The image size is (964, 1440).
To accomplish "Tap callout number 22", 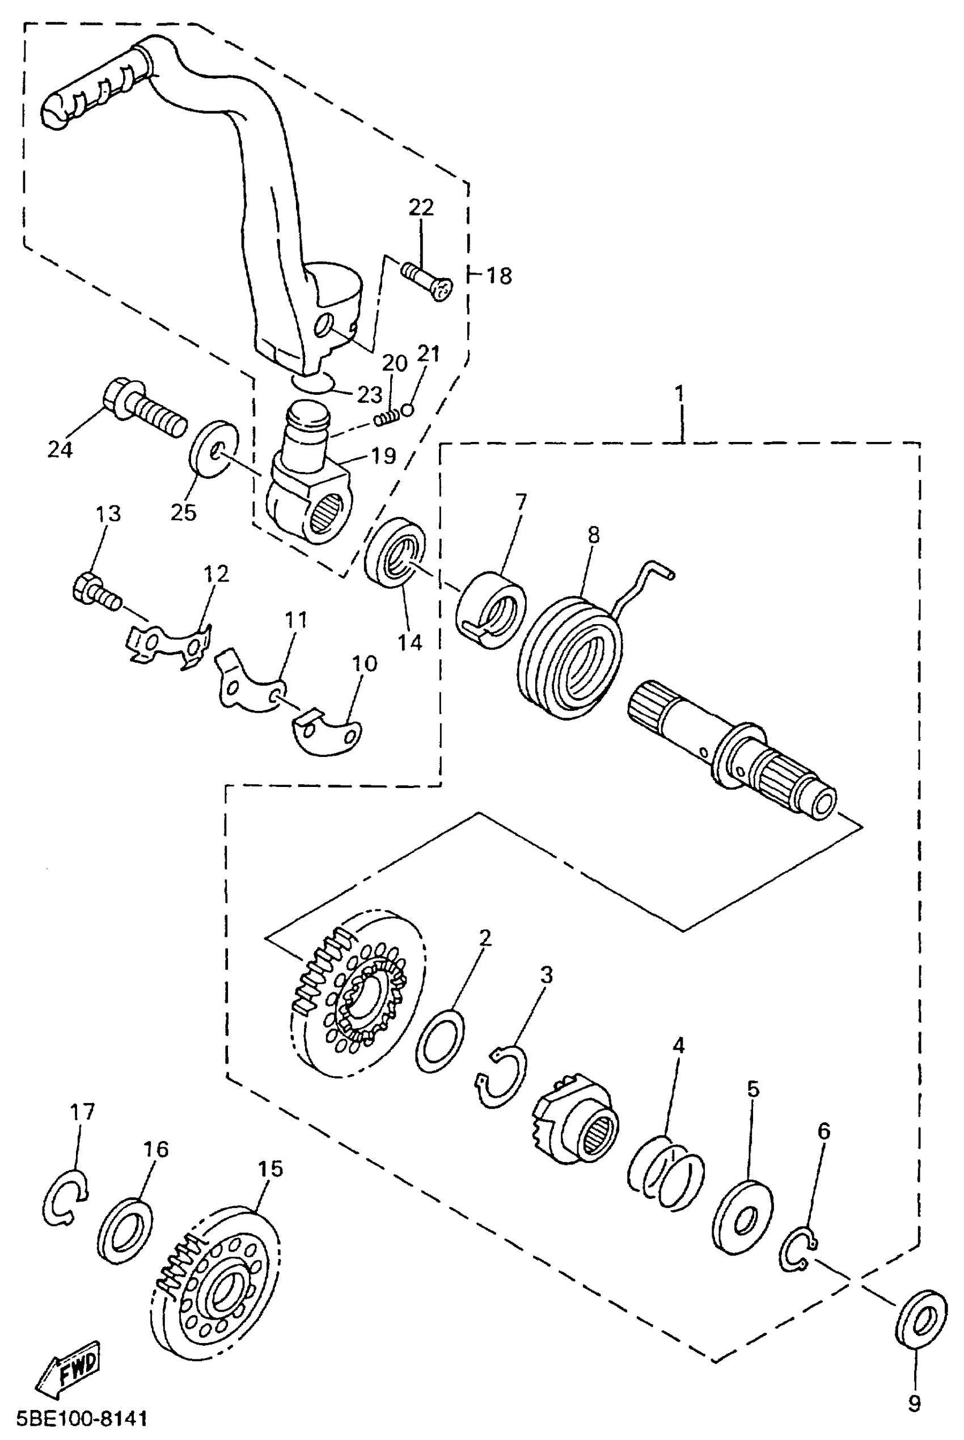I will [x=421, y=207].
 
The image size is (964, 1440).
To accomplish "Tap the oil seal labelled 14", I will [x=395, y=551].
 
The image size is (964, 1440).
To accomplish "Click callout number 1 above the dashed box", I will [x=679, y=393].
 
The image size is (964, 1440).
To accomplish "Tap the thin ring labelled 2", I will [x=440, y=1040].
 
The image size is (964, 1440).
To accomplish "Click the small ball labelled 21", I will [x=407, y=410].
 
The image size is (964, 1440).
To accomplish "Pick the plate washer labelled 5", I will [x=743, y=1216].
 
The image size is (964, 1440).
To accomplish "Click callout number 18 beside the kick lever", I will [x=499, y=276].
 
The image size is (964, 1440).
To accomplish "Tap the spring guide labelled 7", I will [x=491, y=609].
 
